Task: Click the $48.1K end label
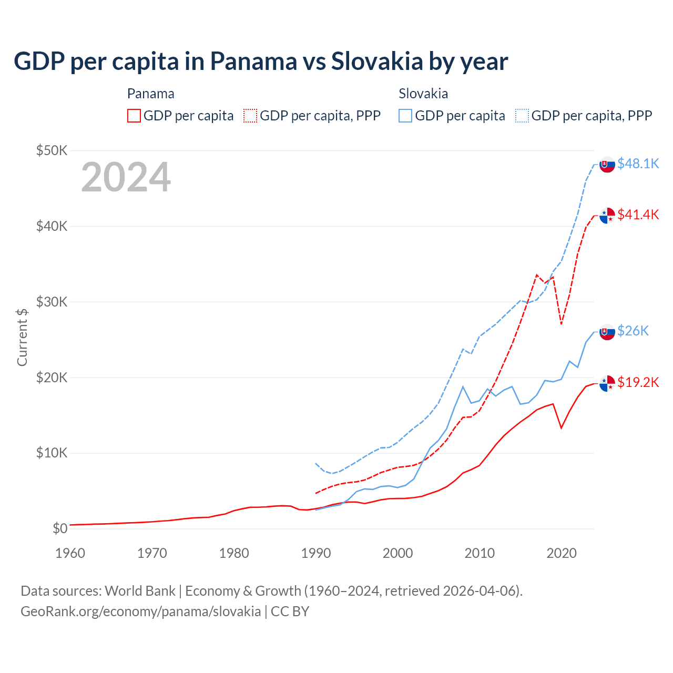pyautogui.click(x=638, y=164)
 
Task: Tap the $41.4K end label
pyautogui.click(x=638, y=215)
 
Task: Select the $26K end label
pyautogui.click(x=633, y=330)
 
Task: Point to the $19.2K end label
pyautogui.click(x=638, y=382)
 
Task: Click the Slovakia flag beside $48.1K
pyautogui.click(x=607, y=165)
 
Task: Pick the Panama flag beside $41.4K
pyautogui.click(x=607, y=216)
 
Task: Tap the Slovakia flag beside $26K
pyautogui.click(x=607, y=332)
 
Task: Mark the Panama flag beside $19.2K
pyautogui.click(x=607, y=383)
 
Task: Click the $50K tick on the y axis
pyautogui.click(x=52, y=150)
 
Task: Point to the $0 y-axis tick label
pyautogui.click(x=60, y=528)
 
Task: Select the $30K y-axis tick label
pyautogui.click(x=52, y=302)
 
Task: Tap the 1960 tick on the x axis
pyautogui.click(x=70, y=553)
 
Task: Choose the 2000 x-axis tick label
pyautogui.click(x=397, y=553)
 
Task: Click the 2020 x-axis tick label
pyautogui.click(x=562, y=553)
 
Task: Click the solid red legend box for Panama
pyautogui.click(x=134, y=116)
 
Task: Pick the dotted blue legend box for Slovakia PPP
pyautogui.click(x=522, y=116)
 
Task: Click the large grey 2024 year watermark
pyautogui.click(x=126, y=177)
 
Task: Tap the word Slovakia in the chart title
pyautogui.click(x=376, y=61)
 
